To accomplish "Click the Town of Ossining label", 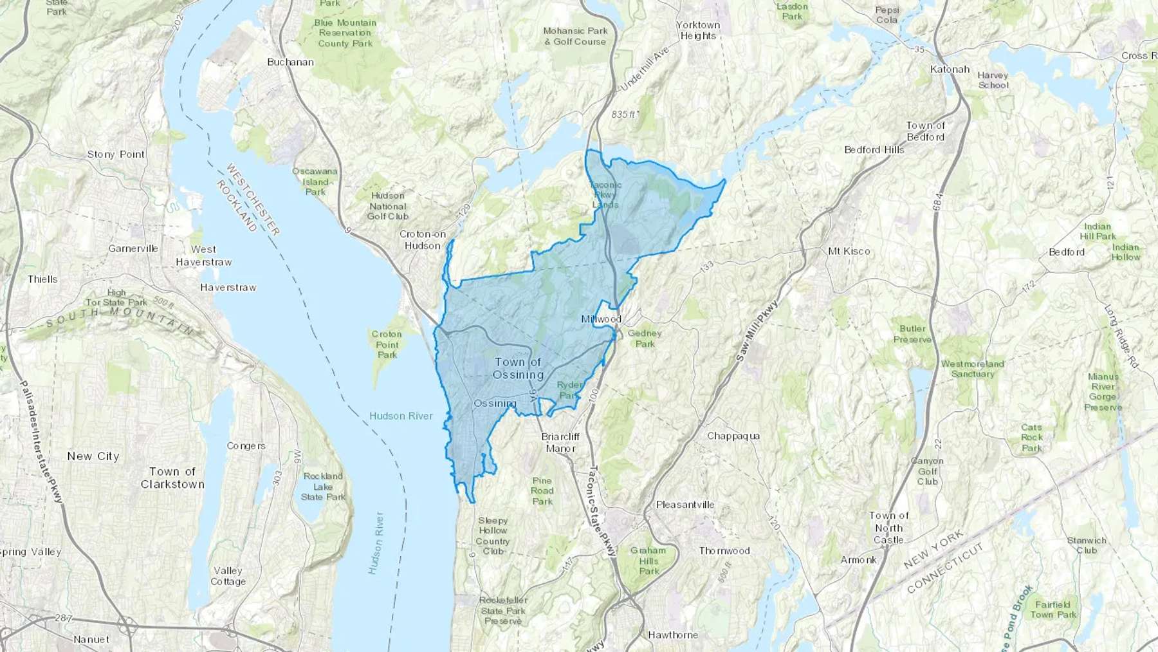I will tap(519, 368).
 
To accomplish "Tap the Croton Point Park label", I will tap(387, 344).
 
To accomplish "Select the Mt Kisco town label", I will tap(849, 251).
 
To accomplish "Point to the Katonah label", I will tap(950, 69).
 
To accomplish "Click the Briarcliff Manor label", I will tap(560, 442).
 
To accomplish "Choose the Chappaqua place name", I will tap(733, 436).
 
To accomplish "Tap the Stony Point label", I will tap(116, 154).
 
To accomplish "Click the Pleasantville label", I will tap(685, 505).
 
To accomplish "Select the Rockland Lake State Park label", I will tap(323, 487).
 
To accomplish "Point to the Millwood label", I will tap(601, 319).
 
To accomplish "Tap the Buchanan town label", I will tap(290, 62).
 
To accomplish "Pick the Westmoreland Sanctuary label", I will tap(972, 369).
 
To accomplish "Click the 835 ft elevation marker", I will tap(623, 115).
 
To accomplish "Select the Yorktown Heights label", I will tap(698, 30).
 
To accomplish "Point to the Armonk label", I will tap(858, 560).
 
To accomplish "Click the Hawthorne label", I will tap(673, 635).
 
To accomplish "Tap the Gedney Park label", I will tap(645, 339).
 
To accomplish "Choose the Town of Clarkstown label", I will tap(172, 478).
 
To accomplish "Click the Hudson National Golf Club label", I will tap(387, 206).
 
